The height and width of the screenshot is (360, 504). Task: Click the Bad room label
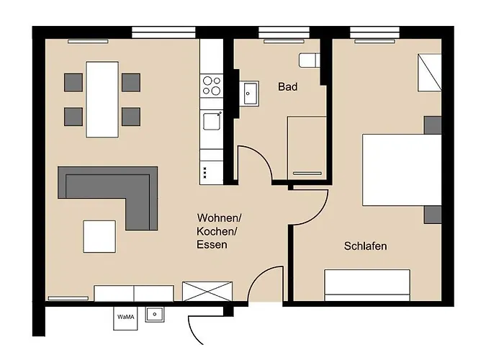click(288, 87)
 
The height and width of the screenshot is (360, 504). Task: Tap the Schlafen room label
click(366, 246)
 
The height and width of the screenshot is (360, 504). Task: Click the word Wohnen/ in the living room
click(219, 218)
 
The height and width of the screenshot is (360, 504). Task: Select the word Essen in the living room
click(212, 245)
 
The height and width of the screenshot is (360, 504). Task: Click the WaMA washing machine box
click(125, 318)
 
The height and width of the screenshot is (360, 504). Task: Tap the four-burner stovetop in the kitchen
click(212, 86)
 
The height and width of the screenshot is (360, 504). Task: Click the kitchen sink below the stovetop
click(212, 121)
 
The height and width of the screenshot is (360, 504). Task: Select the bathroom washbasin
click(249, 93)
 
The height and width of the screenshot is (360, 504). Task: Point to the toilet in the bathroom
click(309, 60)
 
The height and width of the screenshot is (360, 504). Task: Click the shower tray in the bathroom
click(307, 148)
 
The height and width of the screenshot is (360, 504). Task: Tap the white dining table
click(102, 99)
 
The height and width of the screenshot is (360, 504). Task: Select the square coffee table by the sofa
click(99, 237)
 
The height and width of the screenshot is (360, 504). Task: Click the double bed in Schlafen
click(402, 170)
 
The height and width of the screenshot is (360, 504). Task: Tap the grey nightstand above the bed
click(433, 125)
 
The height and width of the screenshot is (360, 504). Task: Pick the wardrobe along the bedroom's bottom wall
click(367, 285)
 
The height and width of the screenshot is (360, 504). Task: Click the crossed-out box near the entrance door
click(207, 292)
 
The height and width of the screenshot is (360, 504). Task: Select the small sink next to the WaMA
click(155, 314)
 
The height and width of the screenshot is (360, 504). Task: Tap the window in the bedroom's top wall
click(375, 32)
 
